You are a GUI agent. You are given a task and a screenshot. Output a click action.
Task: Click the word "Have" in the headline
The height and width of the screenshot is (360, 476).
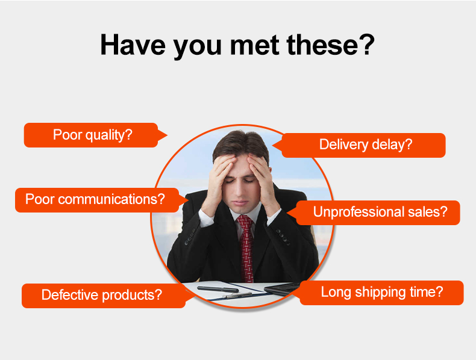pyautogui.click(x=133, y=45)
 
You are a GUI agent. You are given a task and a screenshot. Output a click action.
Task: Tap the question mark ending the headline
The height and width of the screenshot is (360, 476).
pyautogui.click(x=367, y=45)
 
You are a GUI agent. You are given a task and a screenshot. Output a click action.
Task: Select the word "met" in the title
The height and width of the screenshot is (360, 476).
pyautogui.click(x=254, y=45)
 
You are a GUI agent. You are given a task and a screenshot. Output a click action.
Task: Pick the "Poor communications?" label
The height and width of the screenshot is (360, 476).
pyautogui.click(x=97, y=200)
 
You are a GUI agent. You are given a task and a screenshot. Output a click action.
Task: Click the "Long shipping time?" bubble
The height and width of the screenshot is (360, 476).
pyautogui.click(x=381, y=293)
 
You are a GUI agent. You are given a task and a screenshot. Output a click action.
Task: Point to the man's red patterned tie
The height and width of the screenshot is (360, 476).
pyautogui.click(x=246, y=247)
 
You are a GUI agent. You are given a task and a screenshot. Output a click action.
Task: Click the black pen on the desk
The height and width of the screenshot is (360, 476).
pyautogui.click(x=218, y=289)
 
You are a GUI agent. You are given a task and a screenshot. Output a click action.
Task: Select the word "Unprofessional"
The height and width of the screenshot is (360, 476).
pyautogui.click(x=359, y=212)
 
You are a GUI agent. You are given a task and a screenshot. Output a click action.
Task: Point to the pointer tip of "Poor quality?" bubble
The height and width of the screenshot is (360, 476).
pyautogui.click(x=168, y=135)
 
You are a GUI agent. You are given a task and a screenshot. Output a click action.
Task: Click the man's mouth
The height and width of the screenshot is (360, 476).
pyautogui.click(x=240, y=203)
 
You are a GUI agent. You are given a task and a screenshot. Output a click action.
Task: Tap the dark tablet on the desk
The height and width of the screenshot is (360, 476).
pyautogui.click(x=281, y=288)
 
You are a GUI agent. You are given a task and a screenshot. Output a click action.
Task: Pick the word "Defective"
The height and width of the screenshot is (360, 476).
pyautogui.click(x=69, y=295)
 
